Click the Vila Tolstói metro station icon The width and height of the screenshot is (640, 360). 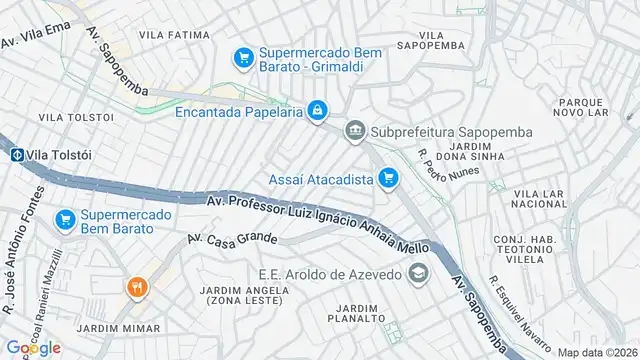(x=17, y=154)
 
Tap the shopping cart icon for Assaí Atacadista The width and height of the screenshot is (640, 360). (x=389, y=180)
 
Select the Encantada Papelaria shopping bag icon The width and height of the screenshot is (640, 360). (x=316, y=111)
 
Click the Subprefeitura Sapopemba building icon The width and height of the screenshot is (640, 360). (x=355, y=131)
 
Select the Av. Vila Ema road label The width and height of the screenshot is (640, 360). (x=37, y=36)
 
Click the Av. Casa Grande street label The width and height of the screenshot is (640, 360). (x=231, y=240)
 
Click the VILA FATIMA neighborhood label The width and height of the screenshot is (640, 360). (x=174, y=34)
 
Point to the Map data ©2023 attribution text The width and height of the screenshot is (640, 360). (x=597, y=352)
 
